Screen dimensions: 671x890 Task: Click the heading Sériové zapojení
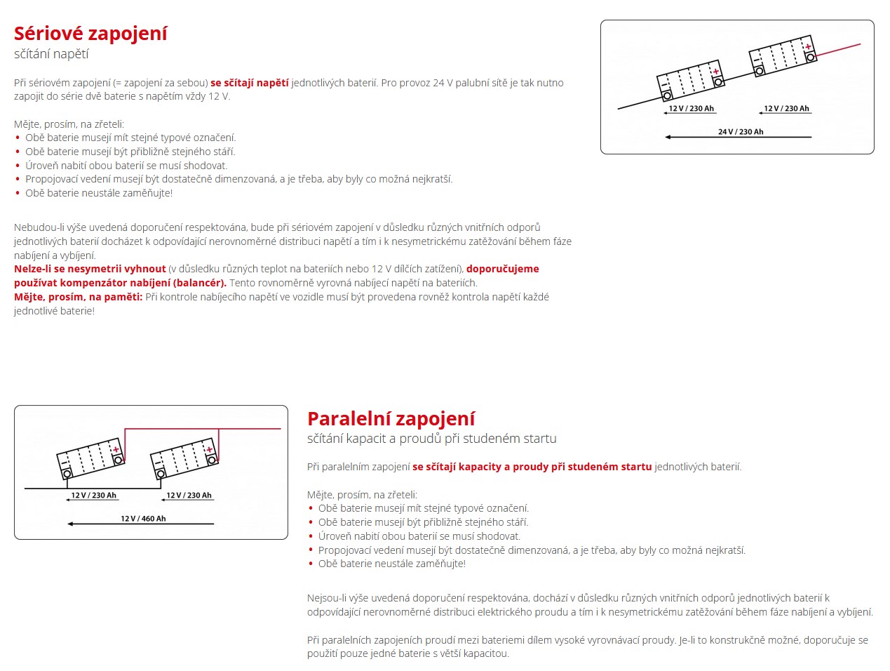pos(90,34)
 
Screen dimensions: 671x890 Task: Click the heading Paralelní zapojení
pos(391,419)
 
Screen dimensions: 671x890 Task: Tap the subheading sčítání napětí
pos(51,54)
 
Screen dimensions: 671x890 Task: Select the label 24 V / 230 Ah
pos(741,131)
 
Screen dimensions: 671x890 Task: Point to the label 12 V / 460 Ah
pos(143,519)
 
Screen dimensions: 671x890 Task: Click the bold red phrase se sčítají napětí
pos(249,83)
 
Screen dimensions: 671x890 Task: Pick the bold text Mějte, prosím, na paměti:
pos(78,297)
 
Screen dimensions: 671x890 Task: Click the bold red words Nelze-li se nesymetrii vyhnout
pos(90,269)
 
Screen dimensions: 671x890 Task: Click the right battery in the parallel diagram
pos(184,457)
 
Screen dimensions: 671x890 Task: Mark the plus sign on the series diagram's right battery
pos(808,47)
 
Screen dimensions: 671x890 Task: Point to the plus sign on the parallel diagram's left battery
pos(116,449)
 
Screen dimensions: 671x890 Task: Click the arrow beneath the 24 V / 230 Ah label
pos(738,138)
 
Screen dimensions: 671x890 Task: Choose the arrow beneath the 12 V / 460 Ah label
pos(140,524)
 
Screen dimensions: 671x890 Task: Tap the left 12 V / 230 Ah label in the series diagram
pos(691,108)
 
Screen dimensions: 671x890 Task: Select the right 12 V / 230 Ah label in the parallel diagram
pos(189,496)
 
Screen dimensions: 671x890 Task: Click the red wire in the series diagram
pos(839,50)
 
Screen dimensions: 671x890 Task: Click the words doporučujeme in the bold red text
pos(503,269)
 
